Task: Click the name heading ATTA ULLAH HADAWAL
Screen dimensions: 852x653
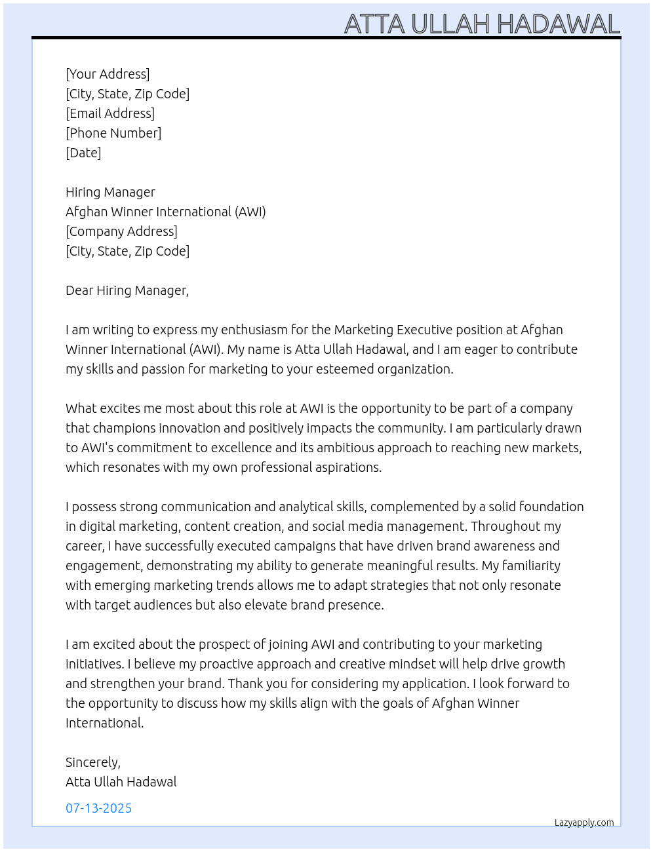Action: tap(482, 24)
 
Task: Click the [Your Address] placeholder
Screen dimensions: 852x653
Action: tap(108, 74)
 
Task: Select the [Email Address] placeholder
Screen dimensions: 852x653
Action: tap(110, 113)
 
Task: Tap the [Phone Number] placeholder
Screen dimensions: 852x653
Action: tap(113, 133)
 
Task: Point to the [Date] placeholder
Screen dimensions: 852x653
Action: tap(83, 153)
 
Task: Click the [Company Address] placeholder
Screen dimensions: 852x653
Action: tap(121, 231)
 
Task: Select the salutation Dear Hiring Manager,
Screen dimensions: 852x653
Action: tap(127, 290)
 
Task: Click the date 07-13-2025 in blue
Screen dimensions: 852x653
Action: tap(98, 808)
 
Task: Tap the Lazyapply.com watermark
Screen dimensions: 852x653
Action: tap(584, 823)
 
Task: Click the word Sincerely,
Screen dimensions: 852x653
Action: tap(93, 762)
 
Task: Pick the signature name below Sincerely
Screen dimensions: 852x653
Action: tap(121, 782)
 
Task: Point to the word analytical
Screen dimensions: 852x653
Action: tap(306, 507)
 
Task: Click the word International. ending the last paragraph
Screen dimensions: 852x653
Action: tap(104, 723)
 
